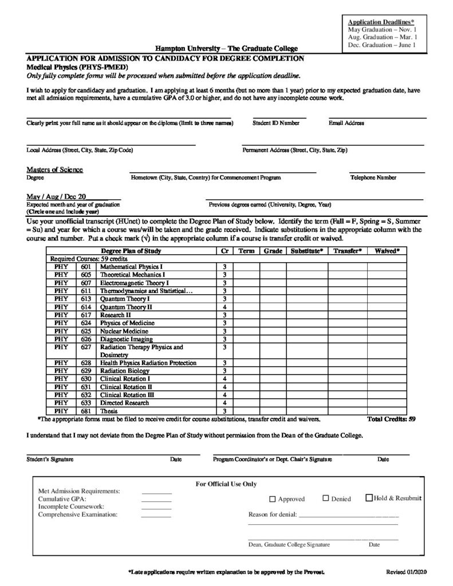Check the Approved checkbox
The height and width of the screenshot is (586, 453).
[x=273, y=499]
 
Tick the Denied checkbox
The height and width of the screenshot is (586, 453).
[x=326, y=498]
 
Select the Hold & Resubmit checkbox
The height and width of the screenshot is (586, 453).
[x=369, y=498]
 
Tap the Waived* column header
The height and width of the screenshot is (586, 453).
[x=387, y=251]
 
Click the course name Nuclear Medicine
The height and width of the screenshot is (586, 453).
[x=124, y=331]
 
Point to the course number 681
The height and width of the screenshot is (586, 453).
[x=86, y=410]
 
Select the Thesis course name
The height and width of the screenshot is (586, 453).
[x=109, y=410]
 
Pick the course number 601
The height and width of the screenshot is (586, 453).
[x=86, y=267]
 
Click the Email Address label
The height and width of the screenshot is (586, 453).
[x=346, y=123]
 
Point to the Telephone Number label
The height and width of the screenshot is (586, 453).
[x=373, y=177]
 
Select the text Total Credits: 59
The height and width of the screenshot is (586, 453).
[x=391, y=419]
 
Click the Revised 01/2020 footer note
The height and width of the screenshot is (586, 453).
[x=407, y=572]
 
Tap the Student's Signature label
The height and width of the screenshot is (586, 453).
[x=50, y=460]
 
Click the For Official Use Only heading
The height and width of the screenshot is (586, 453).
[x=226, y=484]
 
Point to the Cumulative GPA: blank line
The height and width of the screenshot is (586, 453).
[x=156, y=500]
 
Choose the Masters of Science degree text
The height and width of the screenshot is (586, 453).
[x=55, y=169]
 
